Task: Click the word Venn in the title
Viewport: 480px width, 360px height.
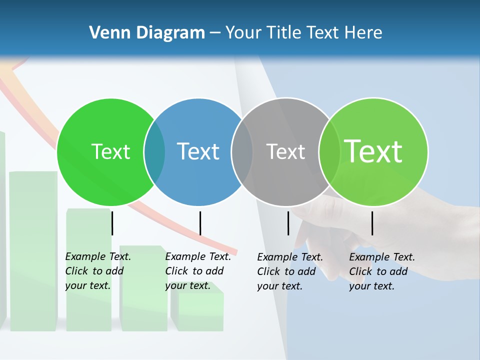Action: [105, 33]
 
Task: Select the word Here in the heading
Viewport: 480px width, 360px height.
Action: [364, 33]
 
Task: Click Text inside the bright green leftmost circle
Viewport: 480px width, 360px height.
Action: [110, 151]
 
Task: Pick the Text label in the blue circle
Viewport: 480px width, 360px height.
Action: [198, 151]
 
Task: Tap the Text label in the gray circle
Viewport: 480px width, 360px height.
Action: [285, 151]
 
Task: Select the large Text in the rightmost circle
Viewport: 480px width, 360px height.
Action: [373, 151]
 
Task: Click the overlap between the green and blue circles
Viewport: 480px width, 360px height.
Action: [154, 152]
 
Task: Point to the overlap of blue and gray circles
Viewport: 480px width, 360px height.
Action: [242, 152]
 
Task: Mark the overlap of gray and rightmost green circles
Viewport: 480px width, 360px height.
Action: [329, 152]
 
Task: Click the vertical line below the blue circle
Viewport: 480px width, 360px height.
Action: [200, 223]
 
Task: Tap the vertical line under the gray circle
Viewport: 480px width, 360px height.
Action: [288, 223]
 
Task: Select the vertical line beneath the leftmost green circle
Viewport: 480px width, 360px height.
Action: [112, 223]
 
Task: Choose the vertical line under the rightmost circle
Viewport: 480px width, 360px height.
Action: [372, 223]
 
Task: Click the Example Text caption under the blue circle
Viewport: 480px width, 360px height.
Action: [198, 270]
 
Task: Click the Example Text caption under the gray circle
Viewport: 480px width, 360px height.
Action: [290, 271]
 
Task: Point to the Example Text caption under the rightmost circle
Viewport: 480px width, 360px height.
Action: [382, 271]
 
